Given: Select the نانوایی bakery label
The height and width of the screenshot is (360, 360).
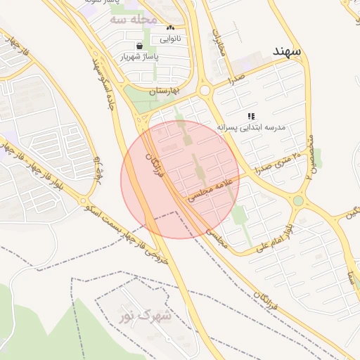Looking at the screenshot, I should [171, 39].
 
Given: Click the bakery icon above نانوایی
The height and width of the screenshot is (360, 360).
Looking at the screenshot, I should [170, 28].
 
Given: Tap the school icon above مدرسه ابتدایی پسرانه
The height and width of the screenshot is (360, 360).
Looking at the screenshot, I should [251, 115].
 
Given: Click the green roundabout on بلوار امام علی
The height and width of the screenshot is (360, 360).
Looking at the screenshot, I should [298, 201].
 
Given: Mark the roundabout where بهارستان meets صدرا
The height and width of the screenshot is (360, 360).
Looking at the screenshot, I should [205, 90].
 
